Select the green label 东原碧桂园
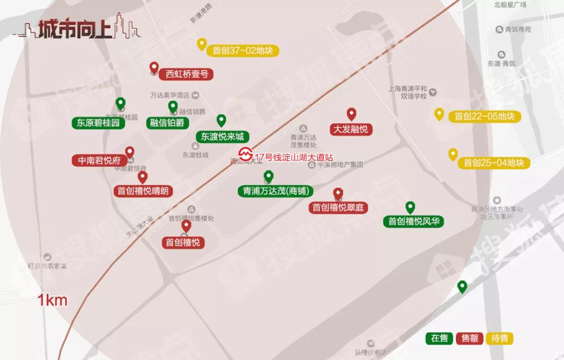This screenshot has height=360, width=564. click(98, 123)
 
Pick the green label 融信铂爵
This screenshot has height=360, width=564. click(167, 123)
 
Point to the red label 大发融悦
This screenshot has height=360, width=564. click(351, 129)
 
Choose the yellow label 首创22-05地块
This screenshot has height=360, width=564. click(485, 117)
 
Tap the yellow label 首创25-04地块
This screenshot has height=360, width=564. click(494, 163)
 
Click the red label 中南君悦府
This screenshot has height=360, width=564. click(99, 160)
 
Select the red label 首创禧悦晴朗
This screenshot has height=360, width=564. click(143, 191)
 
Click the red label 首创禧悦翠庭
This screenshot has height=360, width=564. click(338, 207)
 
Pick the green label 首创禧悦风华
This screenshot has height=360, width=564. click(414, 222)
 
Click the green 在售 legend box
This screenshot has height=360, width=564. click(440, 338)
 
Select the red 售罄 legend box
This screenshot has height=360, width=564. click(470, 338)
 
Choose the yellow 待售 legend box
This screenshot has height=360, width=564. click(500, 338)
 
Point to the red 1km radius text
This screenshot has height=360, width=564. click(52, 300)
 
